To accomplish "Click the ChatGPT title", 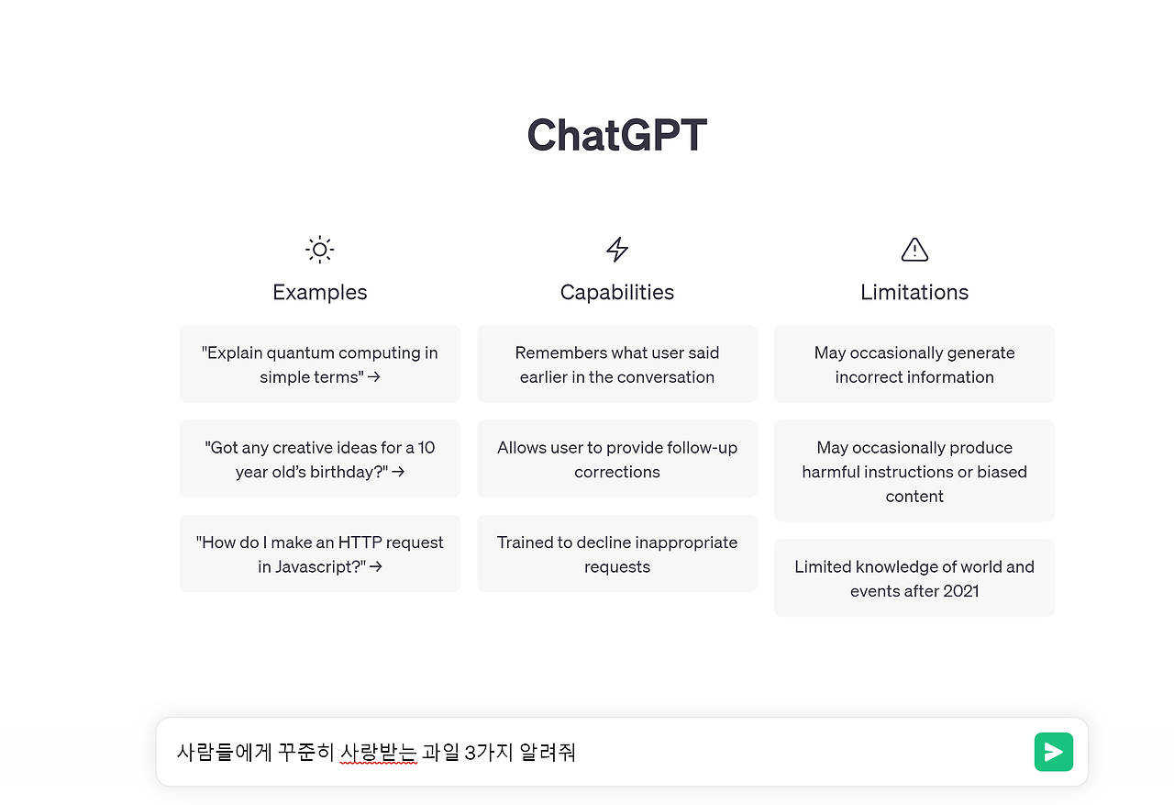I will click(x=616, y=136).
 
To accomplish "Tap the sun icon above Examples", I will click(x=319, y=249).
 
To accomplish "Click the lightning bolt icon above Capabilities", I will click(x=617, y=249).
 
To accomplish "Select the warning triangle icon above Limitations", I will click(x=914, y=249).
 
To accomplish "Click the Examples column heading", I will click(x=319, y=292).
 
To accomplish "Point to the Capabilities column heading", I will click(x=617, y=292).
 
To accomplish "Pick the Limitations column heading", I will click(x=914, y=292).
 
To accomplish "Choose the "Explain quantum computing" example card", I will click(x=319, y=363).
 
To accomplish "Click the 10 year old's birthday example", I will click(x=319, y=459).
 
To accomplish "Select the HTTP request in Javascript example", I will click(x=319, y=553).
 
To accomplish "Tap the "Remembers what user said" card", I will click(x=617, y=363).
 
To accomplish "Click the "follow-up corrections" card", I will click(x=617, y=459).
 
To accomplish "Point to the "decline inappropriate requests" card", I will click(x=617, y=553).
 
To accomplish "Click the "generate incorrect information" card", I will click(x=914, y=363).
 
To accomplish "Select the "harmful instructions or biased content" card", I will click(x=914, y=471).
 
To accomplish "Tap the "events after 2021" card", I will click(x=914, y=577).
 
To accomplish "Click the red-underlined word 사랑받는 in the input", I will click(x=378, y=753).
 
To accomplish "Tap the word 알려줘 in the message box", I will click(x=548, y=753).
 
